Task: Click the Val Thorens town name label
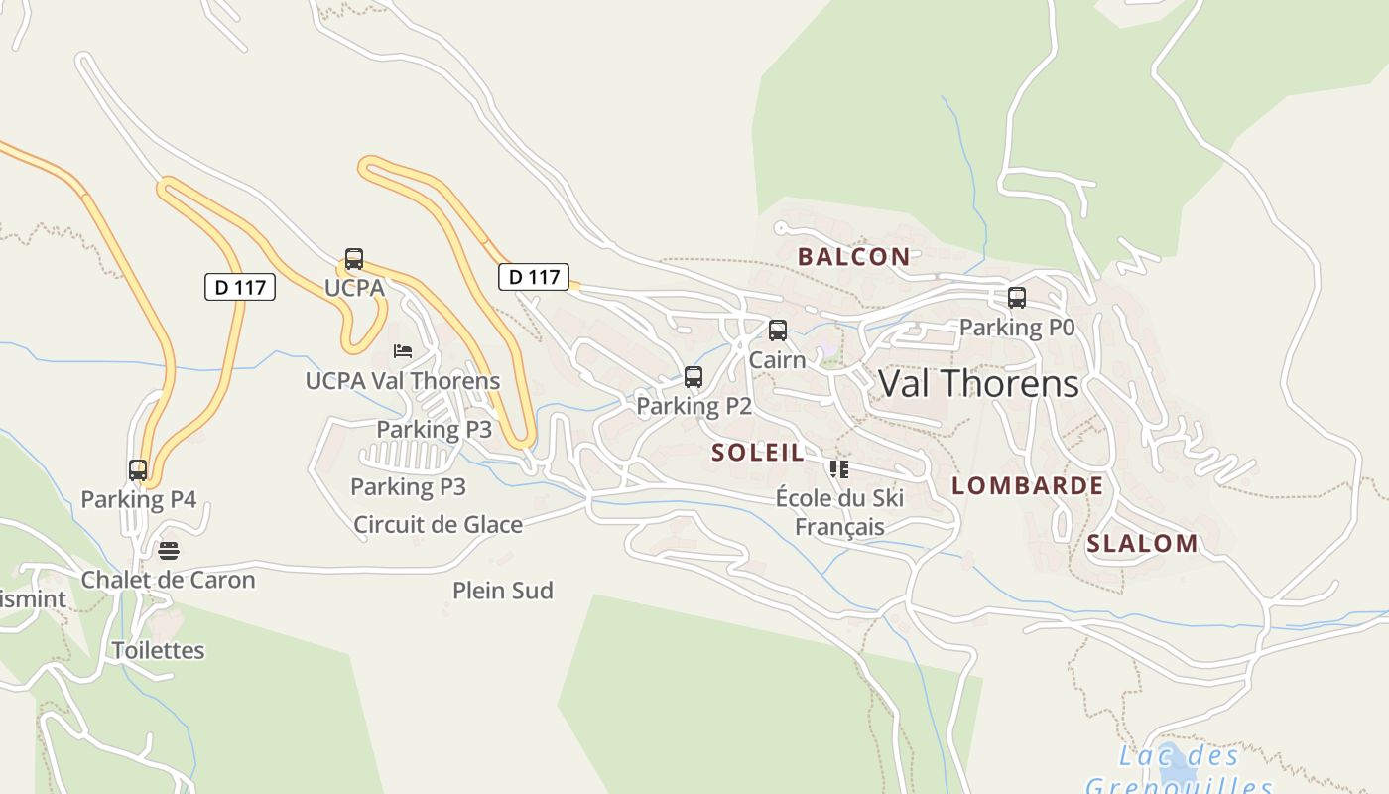[978, 383]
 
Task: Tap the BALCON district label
[853, 257]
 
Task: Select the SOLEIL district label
[758, 453]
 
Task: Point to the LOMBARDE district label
[1027, 485]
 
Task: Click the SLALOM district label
[1142, 543]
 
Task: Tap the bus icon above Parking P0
[1016, 298]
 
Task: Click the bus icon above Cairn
[778, 331]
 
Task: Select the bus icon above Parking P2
[694, 377]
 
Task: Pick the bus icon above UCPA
[354, 259]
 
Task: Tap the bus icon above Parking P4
[138, 470]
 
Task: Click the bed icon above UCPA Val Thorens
[403, 351]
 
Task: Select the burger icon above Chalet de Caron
[169, 551]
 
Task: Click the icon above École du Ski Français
[839, 468]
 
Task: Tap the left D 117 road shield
[239, 287]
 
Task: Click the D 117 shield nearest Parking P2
[534, 277]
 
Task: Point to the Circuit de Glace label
[438, 524]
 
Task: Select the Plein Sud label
[502, 591]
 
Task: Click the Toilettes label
[158, 650]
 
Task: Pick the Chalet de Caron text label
[168, 580]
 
